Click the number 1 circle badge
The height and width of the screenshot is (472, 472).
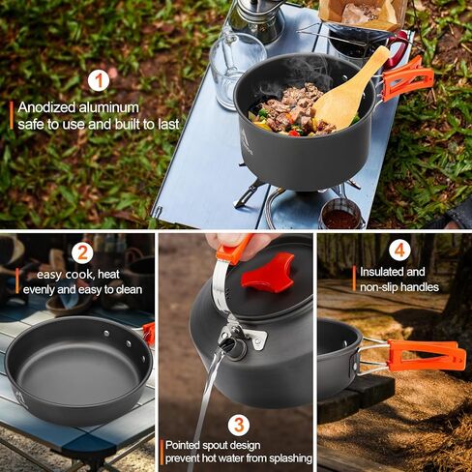(98, 80)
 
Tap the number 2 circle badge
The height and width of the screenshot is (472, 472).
(82, 253)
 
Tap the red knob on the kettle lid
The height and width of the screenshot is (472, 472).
(267, 274)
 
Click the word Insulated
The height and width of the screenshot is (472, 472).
(380, 272)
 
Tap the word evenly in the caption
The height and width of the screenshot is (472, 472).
(37, 288)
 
